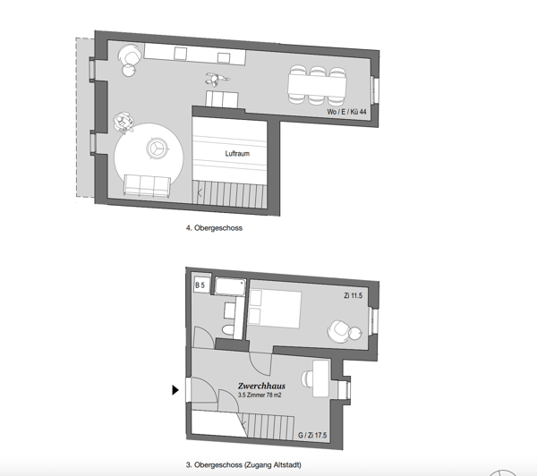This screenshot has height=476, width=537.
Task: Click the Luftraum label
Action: [x=237, y=153]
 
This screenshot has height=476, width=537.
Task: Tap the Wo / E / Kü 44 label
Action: [x=346, y=112]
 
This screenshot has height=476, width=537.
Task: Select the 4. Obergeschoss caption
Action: [x=214, y=228]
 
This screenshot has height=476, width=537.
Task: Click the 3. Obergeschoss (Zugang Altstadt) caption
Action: [x=243, y=464]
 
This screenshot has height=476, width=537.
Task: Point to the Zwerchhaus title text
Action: [x=261, y=386]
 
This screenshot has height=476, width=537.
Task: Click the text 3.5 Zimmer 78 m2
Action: [x=260, y=395]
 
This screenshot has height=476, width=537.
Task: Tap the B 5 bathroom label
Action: [x=200, y=285]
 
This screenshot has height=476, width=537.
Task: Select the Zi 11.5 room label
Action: [x=354, y=295]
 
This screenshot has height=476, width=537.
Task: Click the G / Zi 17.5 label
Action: [x=312, y=435]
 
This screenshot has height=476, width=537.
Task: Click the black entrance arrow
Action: [x=175, y=390]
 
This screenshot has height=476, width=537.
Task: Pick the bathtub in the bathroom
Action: [x=230, y=287]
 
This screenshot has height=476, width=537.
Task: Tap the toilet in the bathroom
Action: [x=227, y=330]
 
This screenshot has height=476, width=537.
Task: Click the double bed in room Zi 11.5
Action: [x=275, y=310]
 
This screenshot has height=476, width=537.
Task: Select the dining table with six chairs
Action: [x=317, y=85]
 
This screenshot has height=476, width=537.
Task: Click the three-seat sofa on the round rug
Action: [x=147, y=185]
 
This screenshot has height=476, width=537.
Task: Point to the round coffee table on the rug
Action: [x=158, y=149]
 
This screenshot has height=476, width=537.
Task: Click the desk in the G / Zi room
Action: [x=321, y=378]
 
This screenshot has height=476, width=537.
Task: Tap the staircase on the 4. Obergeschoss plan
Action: [x=229, y=194]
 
